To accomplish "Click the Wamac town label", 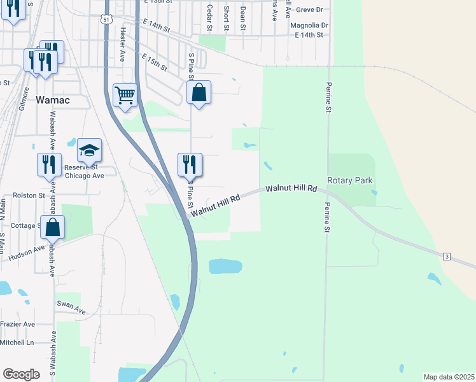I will click(53, 100).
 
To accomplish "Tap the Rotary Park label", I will click(349, 180).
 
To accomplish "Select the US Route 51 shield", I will click(107, 20).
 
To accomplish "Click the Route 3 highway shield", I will click(447, 256).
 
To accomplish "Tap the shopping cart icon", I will click(125, 95).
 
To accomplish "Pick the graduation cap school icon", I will click(89, 151).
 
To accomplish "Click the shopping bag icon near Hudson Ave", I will click(52, 227).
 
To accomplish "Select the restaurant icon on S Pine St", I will click(190, 165).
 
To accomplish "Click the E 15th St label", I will click(155, 62).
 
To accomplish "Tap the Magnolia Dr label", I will click(309, 25).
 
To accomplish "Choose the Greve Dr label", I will click(310, 10).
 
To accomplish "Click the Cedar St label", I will click(209, 17).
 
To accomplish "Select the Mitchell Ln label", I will click(17, 342).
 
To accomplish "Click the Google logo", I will click(21, 374).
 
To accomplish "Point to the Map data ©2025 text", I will click(449, 377).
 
